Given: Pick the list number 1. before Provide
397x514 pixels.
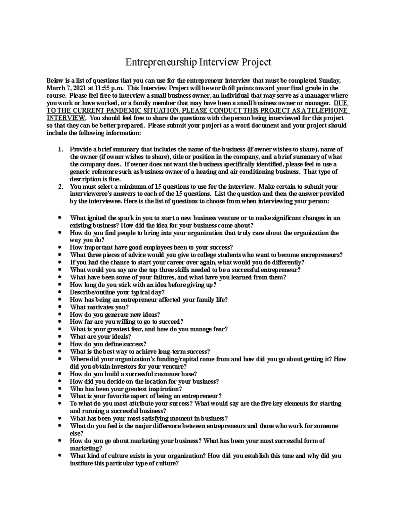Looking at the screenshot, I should pyautogui.click(x=61, y=149).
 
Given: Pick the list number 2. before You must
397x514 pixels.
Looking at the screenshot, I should pyautogui.click(x=61, y=186).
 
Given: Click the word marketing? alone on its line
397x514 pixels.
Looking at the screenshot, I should pyautogui.click(x=86, y=448).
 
